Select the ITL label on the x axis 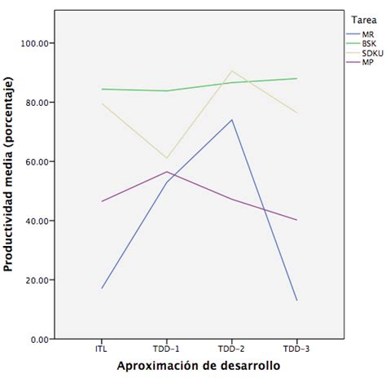(102, 348)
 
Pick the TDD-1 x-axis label (167, 348)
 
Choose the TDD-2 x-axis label (231, 348)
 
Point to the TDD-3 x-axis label (296, 348)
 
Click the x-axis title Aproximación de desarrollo (199, 367)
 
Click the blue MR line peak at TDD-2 (231, 120)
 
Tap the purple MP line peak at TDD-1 (167, 172)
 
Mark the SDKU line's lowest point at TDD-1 (167, 158)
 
